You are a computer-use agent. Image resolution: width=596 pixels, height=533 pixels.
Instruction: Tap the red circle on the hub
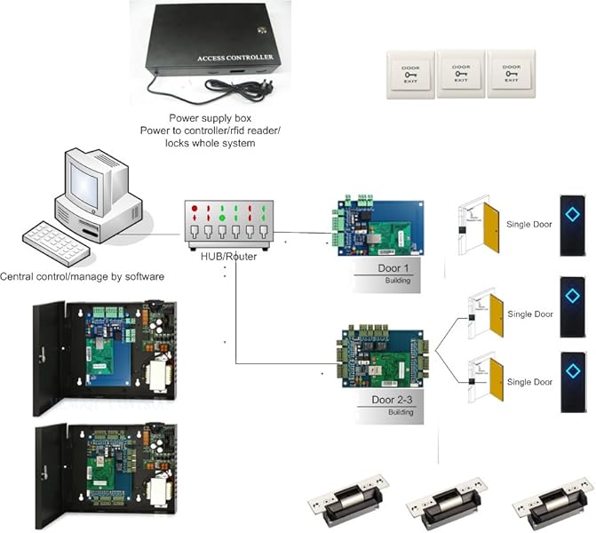(x=195, y=209)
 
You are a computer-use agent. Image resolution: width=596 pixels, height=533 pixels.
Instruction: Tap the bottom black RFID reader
(x=572, y=380)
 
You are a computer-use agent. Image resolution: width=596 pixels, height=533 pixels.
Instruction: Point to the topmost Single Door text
(x=529, y=224)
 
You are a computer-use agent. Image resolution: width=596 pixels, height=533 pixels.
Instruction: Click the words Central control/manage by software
(x=83, y=277)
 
